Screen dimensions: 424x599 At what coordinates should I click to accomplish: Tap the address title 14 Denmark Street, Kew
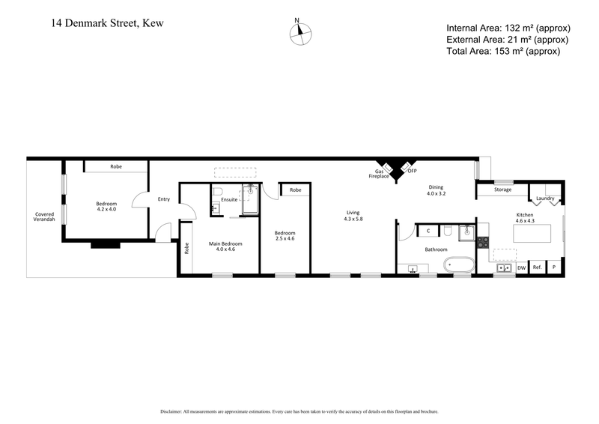pyautogui.click(x=107, y=23)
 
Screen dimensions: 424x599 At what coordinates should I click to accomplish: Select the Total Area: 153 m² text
pyautogui.click(x=502, y=51)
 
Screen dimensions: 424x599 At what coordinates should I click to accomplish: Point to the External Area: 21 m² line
pyautogui.click(x=507, y=40)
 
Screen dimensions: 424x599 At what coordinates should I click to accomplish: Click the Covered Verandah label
pyautogui.click(x=44, y=216)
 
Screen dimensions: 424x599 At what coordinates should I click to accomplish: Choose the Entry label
pyautogui.click(x=164, y=199)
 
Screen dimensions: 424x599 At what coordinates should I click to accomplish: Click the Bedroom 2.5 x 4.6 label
pyautogui.click(x=285, y=235)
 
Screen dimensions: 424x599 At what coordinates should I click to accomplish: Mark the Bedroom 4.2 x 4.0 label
pyautogui.click(x=106, y=206)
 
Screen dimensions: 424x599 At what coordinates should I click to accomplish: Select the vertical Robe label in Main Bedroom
pyautogui.click(x=186, y=246)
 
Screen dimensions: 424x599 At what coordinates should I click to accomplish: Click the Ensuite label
pyautogui.click(x=229, y=200)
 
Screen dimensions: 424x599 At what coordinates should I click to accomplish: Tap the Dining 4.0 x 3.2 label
pyautogui.click(x=437, y=190)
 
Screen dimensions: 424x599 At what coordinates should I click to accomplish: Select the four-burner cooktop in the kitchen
pyautogui.click(x=483, y=242)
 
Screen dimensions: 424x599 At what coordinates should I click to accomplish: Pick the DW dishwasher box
pyautogui.click(x=521, y=267)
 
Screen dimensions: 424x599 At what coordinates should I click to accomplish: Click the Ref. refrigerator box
pyautogui.click(x=537, y=267)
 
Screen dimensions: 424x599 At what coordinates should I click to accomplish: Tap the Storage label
pyautogui.click(x=503, y=190)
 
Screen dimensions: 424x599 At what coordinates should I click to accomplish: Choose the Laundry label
pyautogui.click(x=546, y=199)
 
